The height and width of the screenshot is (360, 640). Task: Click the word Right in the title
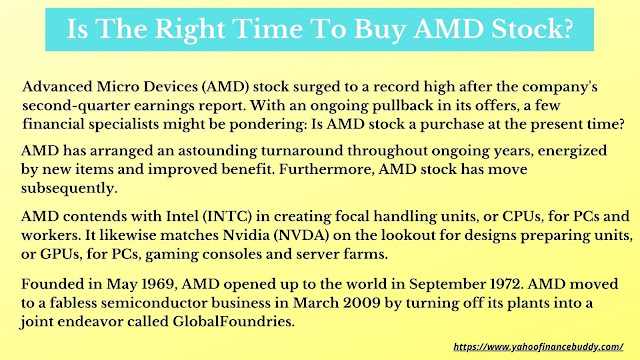[x=190, y=30]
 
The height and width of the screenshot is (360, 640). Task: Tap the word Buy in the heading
[x=379, y=30]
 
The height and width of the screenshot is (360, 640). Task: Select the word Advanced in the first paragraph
[x=57, y=87]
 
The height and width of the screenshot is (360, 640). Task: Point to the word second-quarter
[x=76, y=106]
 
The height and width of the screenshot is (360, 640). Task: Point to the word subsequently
[x=69, y=188]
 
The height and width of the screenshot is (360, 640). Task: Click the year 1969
[x=159, y=284]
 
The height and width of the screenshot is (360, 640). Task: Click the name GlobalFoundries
[x=233, y=322]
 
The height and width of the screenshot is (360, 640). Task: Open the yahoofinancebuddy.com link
[x=538, y=347]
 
